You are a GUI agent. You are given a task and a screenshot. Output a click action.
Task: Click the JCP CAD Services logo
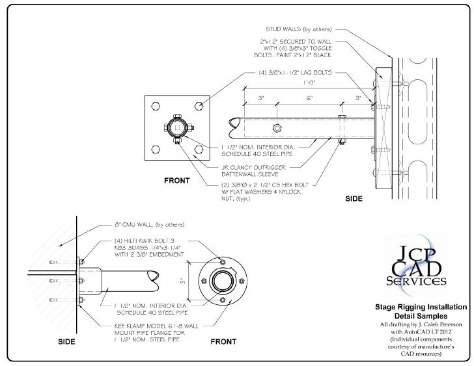point(417,264)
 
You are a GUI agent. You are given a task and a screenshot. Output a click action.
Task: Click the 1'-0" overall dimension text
point(309,83)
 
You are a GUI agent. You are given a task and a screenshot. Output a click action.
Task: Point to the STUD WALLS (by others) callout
point(300,29)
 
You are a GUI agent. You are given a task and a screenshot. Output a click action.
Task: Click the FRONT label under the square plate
point(176,180)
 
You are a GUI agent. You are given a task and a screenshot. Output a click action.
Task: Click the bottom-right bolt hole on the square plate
point(199,150)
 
